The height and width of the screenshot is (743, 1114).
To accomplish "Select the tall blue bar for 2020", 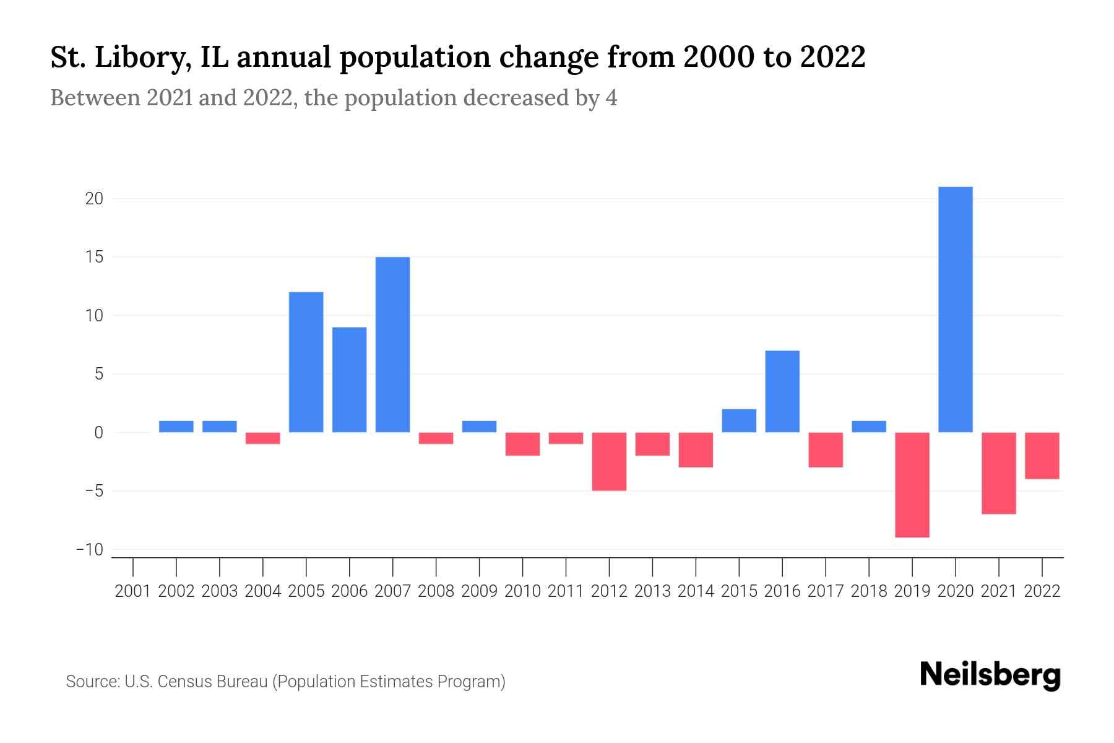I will pos(956,310).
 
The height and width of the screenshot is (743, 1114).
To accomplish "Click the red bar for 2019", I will pos(912,485).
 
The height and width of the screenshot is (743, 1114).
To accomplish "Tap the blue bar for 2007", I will pos(393,345).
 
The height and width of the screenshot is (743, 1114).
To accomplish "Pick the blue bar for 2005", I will pos(306,362).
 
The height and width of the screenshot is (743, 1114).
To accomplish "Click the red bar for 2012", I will pos(609,461).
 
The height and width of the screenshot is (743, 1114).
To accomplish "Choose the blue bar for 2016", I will pos(782,391).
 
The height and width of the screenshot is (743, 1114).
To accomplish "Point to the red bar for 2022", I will pos(1042,456).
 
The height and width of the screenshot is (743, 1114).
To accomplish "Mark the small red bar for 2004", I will pos(263,438).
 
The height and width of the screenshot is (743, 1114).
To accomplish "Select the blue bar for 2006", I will pos(350,380).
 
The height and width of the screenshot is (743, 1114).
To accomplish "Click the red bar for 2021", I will pos(999,473).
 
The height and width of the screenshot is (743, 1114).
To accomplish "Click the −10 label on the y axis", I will pos(89,550).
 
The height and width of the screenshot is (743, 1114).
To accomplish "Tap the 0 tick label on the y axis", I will pos(98,433).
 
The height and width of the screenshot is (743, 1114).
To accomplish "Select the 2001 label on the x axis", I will pos(133,591).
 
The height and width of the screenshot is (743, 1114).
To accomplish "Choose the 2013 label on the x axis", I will pos(652,591).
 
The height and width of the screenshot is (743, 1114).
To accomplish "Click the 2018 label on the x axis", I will pos(869,591).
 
